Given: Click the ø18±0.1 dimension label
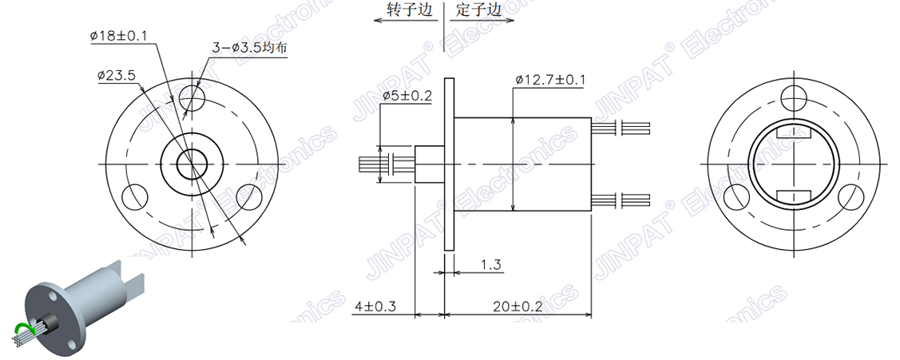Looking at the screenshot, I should point(125,36).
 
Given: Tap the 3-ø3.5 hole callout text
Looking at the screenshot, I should point(249,49).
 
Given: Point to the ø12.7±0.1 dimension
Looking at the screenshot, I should point(550,80).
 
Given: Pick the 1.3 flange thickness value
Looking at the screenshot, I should point(491,264).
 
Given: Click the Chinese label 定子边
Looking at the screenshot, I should point(479,11).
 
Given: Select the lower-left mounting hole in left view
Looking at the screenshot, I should point(136,195).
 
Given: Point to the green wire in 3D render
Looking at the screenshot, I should point(23,327).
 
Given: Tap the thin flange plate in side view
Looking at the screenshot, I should point(449,163).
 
